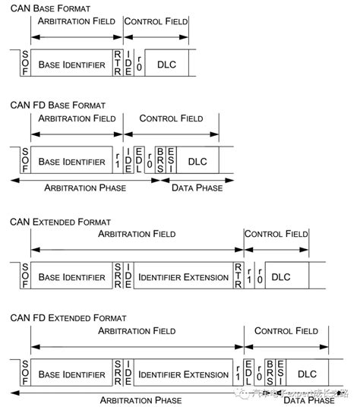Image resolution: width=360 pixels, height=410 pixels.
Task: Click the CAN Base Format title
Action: [x=49, y=8]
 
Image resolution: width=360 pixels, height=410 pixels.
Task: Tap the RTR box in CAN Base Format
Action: [x=117, y=65]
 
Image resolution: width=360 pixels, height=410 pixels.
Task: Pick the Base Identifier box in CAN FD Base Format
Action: [x=71, y=162]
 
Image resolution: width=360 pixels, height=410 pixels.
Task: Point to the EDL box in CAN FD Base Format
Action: [x=140, y=162]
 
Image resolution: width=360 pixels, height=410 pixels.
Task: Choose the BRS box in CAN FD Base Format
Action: [x=159, y=162]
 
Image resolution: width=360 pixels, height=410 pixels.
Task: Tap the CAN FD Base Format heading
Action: [x=58, y=104]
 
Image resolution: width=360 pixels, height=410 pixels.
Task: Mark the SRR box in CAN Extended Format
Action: [x=117, y=278]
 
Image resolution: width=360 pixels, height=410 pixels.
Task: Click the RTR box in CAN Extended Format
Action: [x=238, y=278]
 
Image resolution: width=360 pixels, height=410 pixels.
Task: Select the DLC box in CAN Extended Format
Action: [x=280, y=278]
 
